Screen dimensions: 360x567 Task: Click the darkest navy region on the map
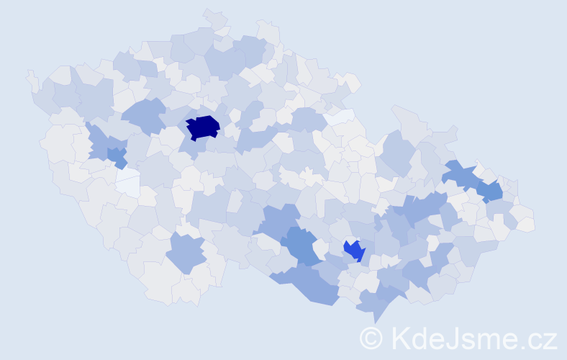(x=203, y=127)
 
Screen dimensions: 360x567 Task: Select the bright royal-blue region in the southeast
(x=354, y=251)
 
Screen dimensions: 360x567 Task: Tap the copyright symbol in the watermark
(x=371, y=338)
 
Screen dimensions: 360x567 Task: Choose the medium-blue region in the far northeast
(x=491, y=191)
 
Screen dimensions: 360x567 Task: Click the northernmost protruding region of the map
(x=215, y=17)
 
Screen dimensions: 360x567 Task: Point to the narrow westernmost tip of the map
(x=30, y=76)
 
